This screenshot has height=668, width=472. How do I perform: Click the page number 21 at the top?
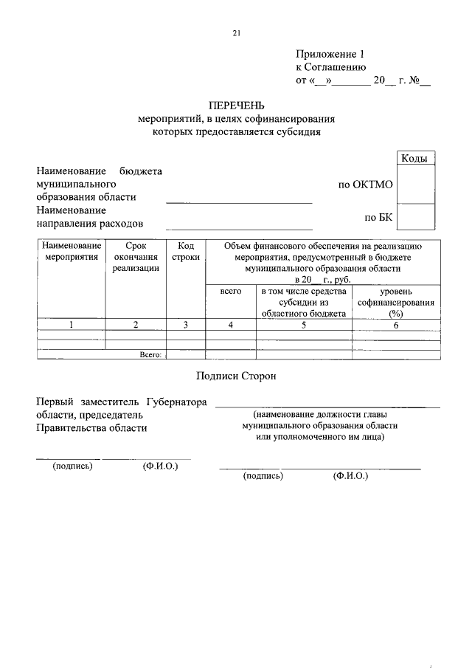tap(236, 32)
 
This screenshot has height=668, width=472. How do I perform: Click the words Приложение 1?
tap(330, 54)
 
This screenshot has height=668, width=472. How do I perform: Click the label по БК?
tap(378, 218)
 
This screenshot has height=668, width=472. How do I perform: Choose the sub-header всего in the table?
tap(231, 292)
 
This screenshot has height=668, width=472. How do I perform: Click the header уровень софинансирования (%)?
tap(396, 303)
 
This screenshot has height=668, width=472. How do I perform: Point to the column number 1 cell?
tap(71, 324)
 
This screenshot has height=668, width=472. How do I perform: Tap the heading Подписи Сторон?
tap(236, 376)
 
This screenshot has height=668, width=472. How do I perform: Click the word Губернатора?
tap(176, 402)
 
